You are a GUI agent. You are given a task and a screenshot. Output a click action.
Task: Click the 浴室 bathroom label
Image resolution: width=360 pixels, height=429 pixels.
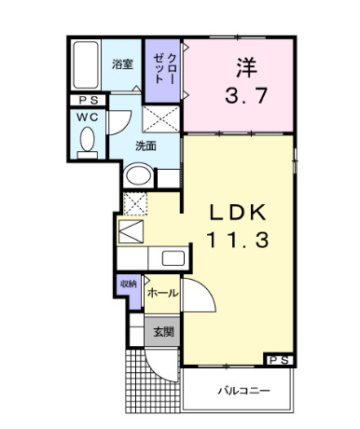point(122,65)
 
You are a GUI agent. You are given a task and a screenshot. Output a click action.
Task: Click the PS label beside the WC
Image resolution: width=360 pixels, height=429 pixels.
point(87,101)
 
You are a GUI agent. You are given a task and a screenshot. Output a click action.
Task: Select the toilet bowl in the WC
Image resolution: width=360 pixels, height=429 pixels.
point(88,140)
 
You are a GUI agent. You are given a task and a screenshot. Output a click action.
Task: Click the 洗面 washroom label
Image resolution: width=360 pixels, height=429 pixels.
point(145,145)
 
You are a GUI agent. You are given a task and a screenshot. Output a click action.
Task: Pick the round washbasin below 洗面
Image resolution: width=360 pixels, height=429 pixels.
point(138,174)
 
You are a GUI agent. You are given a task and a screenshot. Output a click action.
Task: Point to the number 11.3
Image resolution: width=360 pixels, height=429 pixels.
point(237,240)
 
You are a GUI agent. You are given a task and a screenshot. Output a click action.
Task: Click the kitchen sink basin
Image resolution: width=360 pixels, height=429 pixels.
point(173,258)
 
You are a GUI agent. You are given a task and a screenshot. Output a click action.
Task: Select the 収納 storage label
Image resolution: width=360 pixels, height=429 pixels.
point(128,284)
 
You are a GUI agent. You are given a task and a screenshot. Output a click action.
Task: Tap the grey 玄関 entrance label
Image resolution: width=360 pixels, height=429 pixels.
point(164,331)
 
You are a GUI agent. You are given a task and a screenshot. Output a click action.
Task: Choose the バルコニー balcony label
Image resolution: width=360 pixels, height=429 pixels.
point(245,392)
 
